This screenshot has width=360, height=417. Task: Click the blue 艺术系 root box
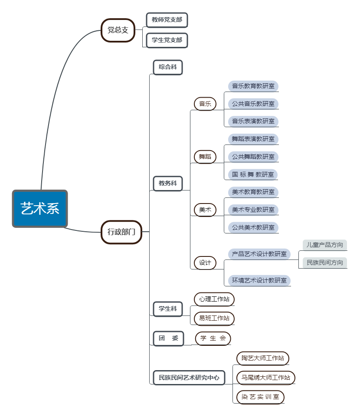(x=40, y=209)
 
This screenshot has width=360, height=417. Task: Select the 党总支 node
(x=118, y=30)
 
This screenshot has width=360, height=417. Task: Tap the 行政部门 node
(x=121, y=232)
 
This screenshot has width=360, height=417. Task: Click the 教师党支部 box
(x=167, y=20)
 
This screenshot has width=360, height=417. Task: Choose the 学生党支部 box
(x=167, y=40)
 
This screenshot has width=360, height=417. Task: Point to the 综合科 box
(x=168, y=67)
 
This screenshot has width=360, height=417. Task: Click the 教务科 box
(x=168, y=184)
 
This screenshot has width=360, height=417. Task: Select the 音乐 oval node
(x=205, y=104)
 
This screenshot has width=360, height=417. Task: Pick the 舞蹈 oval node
(x=205, y=157)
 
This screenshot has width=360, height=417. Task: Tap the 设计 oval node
(x=205, y=263)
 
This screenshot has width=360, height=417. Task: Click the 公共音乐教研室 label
(x=253, y=104)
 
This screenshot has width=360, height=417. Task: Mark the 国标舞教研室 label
(x=253, y=174)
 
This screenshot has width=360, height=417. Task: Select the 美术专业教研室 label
(x=253, y=210)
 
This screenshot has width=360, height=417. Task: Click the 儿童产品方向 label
(x=325, y=245)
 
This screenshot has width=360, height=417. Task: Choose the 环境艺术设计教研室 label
(x=259, y=280)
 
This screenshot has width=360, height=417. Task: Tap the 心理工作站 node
(x=214, y=299)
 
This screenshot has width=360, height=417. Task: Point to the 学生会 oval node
(x=213, y=338)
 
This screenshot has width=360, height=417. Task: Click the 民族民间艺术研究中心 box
(x=189, y=378)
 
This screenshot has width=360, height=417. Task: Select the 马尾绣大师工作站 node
(x=266, y=378)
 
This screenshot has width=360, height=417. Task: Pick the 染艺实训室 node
(x=260, y=397)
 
